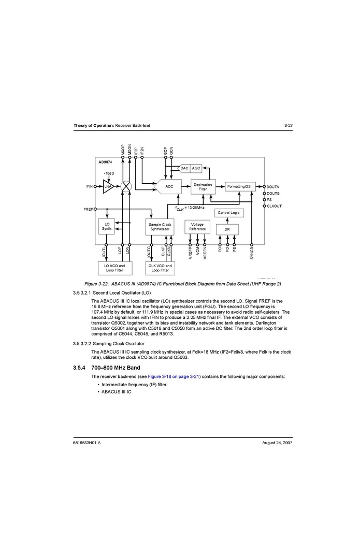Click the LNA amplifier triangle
[x=107, y=186]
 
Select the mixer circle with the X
[x=126, y=186]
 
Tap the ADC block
[x=169, y=186]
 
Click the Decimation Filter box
[x=203, y=187]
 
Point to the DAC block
[x=184, y=168]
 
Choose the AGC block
[x=196, y=168]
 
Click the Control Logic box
[x=228, y=213]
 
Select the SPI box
[x=227, y=229]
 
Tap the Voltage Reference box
[x=197, y=227]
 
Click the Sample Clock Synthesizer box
[x=160, y=227]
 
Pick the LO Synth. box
[x=107, y=226]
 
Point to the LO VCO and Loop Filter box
[x=114, y=268]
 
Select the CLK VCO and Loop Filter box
[x=160, y=268]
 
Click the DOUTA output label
[x=273, y=186]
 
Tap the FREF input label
[x=88, y=209]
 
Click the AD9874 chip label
[x=106, y=162]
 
